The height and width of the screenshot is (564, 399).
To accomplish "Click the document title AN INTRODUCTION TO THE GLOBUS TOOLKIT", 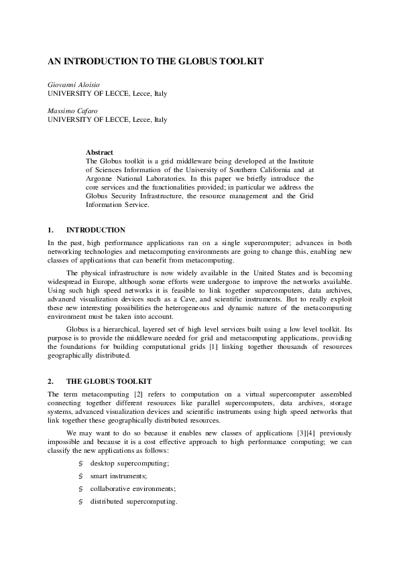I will (155, 61).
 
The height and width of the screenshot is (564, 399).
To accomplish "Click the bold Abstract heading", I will (99, 153).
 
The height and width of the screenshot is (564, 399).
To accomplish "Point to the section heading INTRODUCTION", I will (95, 230).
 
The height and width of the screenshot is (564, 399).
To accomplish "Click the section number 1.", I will (50, 230).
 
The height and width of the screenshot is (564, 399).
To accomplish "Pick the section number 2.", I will (50, 381).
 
